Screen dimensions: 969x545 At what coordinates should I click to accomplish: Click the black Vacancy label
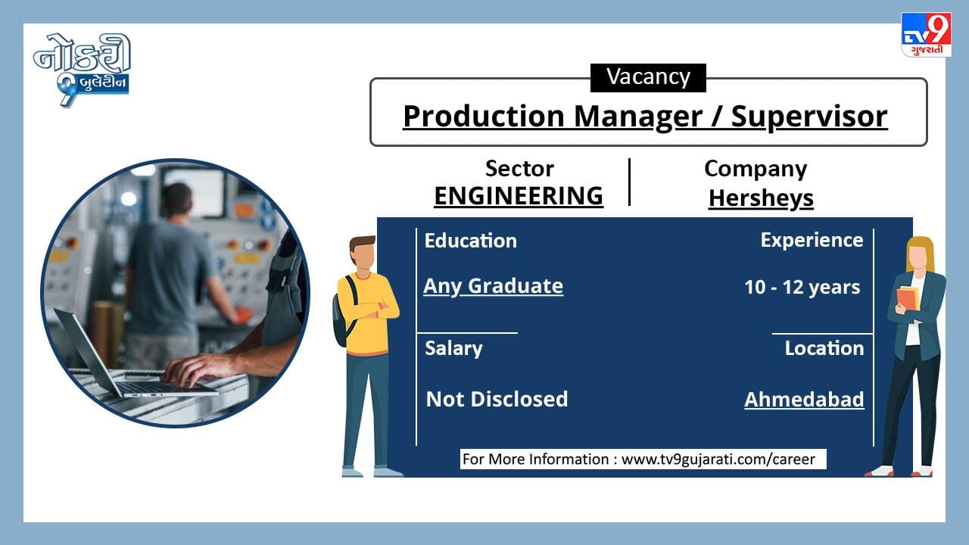point(648,78)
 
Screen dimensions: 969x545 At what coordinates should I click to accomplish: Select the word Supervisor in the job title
point(809,117)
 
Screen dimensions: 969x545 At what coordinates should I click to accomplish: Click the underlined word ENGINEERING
point(519,196)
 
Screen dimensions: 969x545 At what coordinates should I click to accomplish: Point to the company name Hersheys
point(761,199)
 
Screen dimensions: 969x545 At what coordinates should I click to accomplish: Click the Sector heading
point(519,168)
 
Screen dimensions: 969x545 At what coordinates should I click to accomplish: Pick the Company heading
point(756,169)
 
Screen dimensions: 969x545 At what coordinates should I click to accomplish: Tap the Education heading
point(471,241)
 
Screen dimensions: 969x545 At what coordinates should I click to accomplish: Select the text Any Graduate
point(493,286)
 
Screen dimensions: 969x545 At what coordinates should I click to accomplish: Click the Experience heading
point(812,241)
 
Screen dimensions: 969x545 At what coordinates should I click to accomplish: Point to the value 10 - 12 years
point(802,287)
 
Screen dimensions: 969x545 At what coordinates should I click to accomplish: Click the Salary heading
point(453,349)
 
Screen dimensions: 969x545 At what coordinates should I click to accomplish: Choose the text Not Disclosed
point(497,399)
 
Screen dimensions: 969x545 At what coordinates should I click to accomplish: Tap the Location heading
point(824,348)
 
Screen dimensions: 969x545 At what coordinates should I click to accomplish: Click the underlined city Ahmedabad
point(804,399)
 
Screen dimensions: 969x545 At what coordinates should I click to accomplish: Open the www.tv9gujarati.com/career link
point(718,459)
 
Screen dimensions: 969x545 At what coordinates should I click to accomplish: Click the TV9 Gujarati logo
point(926,35)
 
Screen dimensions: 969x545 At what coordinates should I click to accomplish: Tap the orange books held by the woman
point(908,298)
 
